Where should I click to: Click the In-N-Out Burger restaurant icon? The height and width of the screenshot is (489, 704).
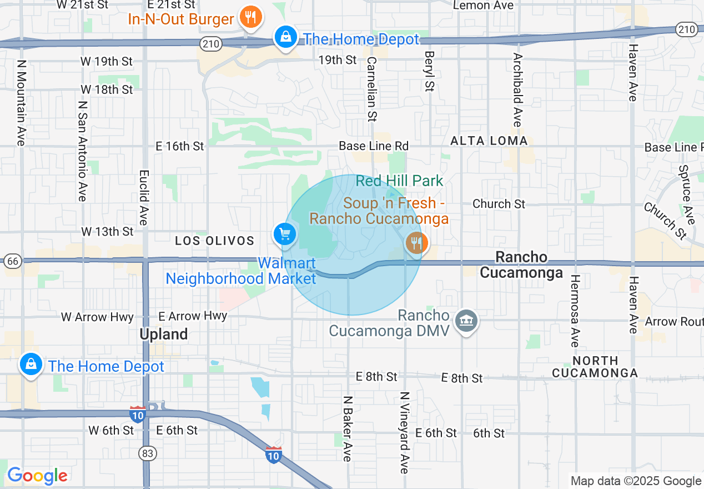pos(250,17)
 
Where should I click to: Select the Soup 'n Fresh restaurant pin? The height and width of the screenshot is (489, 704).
pos(415,242)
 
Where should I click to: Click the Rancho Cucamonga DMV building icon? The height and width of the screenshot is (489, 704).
pos(466,321)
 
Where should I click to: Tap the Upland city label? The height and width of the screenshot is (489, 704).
pos(163,335)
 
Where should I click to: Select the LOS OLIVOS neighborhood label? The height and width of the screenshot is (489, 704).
pos(214,241)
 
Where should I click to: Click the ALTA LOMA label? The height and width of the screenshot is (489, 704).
pos(489,141)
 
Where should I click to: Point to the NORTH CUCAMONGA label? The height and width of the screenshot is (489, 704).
pos(595,367)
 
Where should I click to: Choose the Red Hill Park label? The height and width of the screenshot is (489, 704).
pos(399,181)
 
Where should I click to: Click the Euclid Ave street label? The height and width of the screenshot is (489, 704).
pos(143,197)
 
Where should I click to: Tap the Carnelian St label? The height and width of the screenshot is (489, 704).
pos(371,89)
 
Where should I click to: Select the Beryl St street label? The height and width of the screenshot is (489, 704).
pos(429,71)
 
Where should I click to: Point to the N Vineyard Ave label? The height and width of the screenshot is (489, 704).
pos(405,432)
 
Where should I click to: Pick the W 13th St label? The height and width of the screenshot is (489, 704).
pos(107,231)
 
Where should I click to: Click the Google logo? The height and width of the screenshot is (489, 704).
pos(37,476)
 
